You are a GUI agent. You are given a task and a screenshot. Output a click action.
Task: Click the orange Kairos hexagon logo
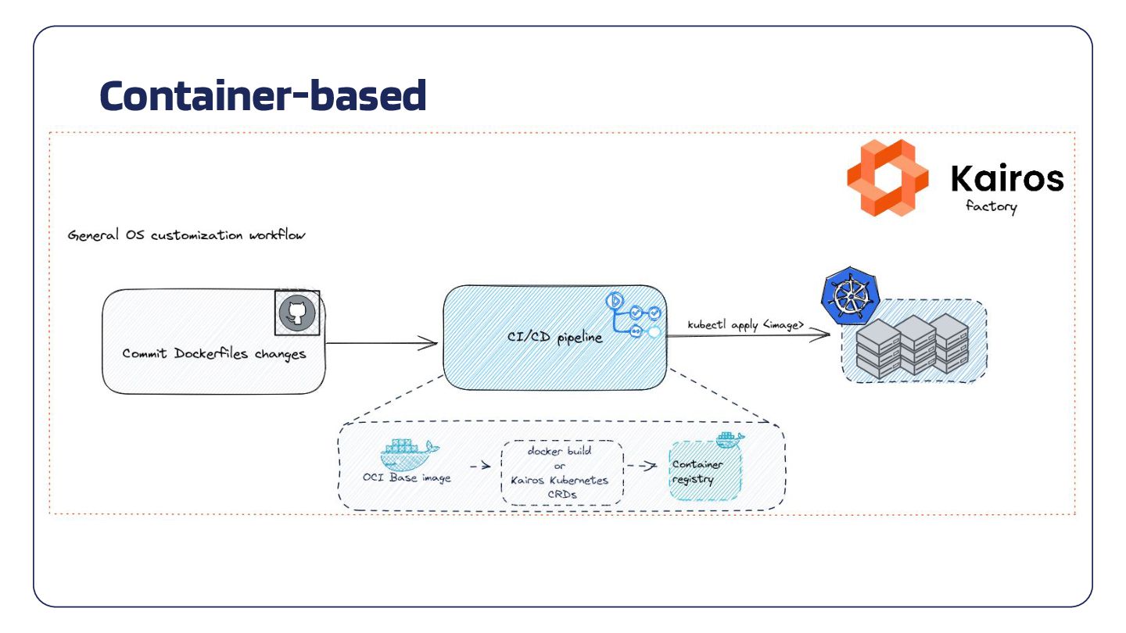888,177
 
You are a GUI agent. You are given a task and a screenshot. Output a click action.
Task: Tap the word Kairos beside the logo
1007,179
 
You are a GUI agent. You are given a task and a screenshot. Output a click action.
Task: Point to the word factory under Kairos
991,207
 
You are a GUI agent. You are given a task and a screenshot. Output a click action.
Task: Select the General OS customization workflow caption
186,235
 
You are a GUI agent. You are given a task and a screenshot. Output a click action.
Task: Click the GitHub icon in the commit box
297,313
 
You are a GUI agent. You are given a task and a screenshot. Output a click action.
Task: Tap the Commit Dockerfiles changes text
213,354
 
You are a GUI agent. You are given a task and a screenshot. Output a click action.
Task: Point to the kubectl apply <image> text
745,324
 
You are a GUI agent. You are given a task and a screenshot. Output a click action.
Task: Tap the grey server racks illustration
913,345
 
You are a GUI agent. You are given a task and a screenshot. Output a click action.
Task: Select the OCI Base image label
407,477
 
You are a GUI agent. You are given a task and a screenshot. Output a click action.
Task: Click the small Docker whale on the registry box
729,440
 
